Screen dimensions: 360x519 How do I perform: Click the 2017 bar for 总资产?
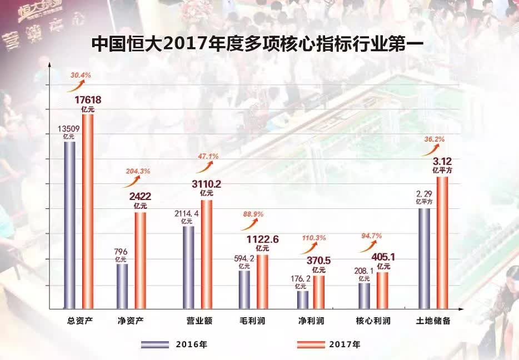click(88, 211)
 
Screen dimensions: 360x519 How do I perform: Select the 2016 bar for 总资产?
click(69, 225)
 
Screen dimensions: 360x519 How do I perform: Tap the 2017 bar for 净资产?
click(140, 260)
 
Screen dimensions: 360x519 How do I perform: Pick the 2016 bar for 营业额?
click(188, 267)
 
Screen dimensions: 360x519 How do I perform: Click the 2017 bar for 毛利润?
click(262, 281)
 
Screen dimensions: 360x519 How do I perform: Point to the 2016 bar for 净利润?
click(303, 299)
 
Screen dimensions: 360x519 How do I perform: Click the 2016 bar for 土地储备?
click(424, 258)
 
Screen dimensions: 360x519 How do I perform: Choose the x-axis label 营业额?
click(198, 321)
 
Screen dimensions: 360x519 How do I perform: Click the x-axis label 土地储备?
click(433, 321)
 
